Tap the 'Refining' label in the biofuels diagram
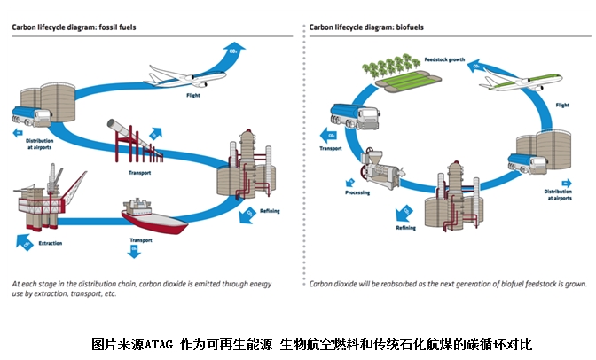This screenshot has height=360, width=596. [x=405, y=228]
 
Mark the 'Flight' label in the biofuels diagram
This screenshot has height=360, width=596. [x=561, y=105]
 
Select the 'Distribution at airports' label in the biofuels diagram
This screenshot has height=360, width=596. [x=558, y=196]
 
